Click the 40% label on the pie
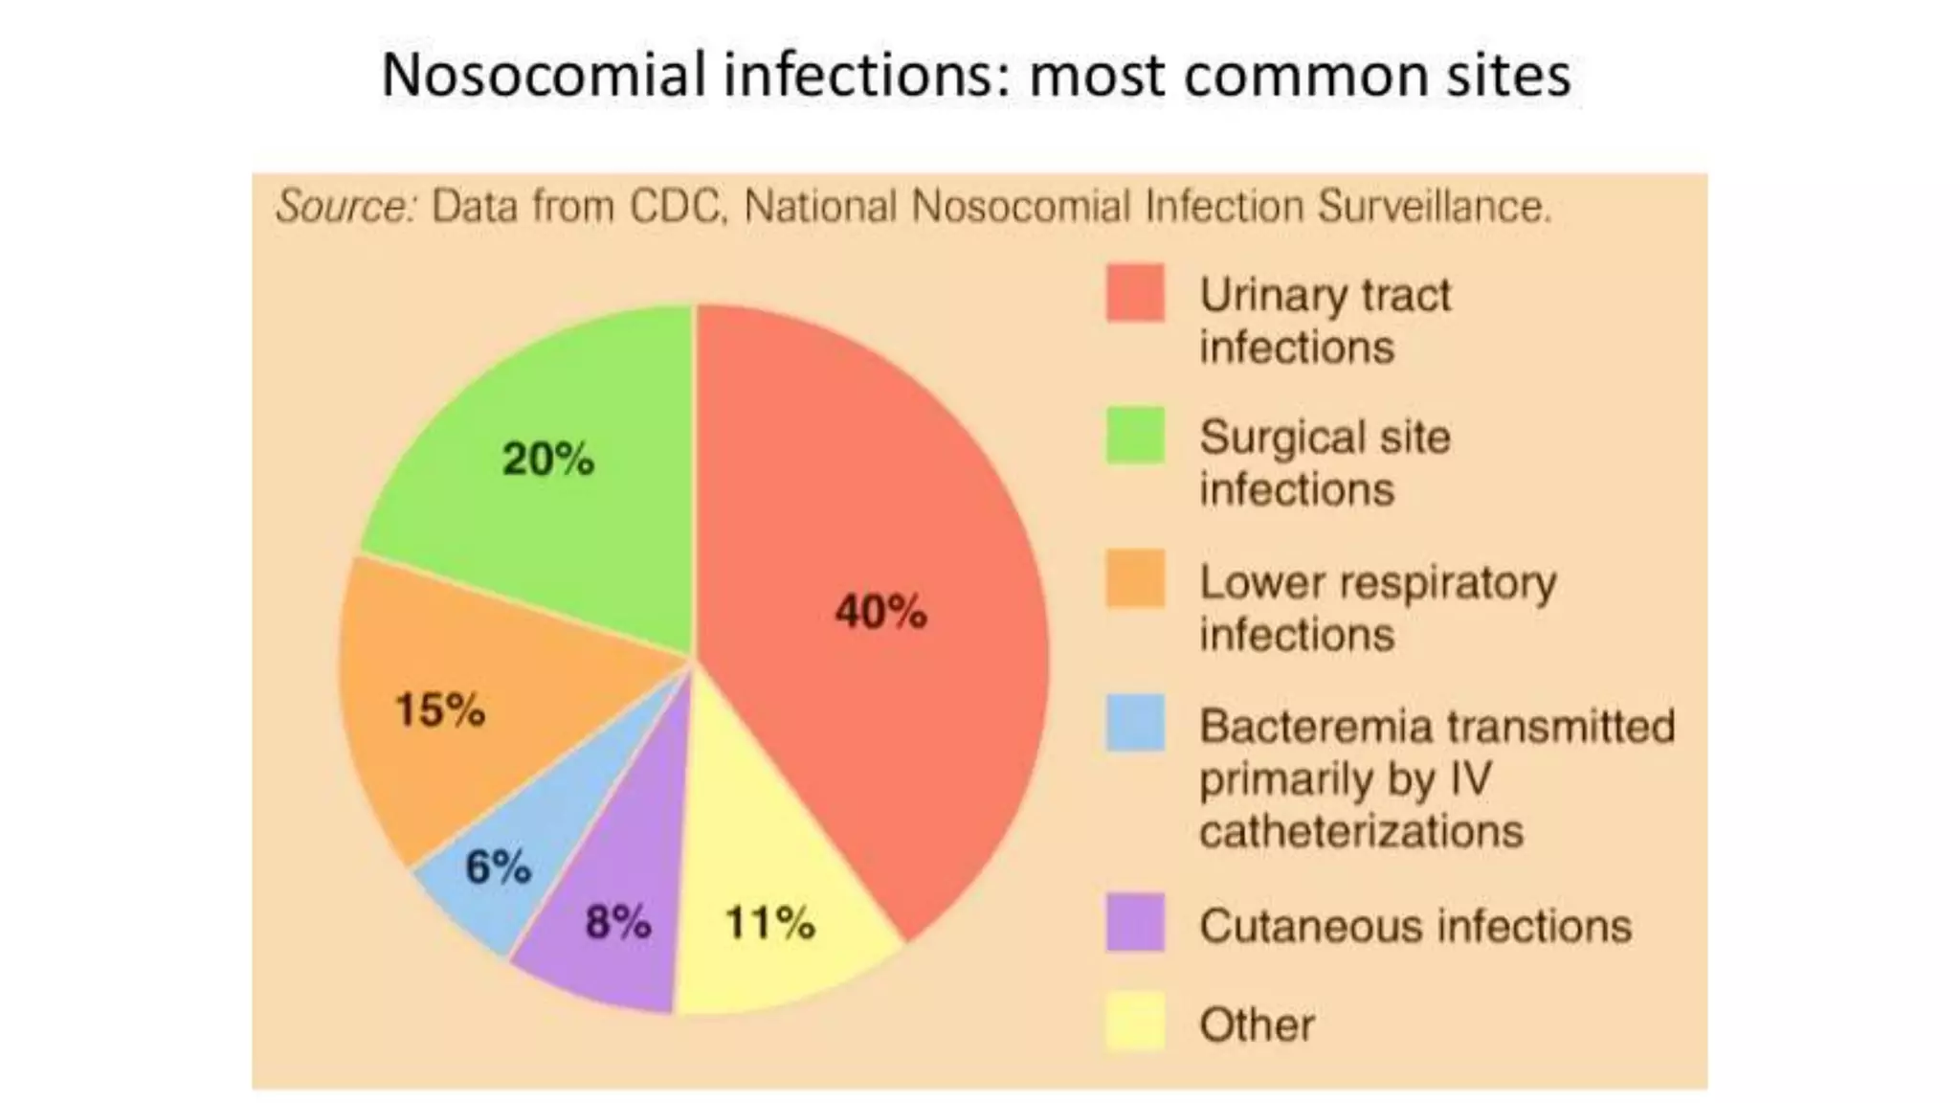point(880,611)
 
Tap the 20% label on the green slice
point(548,459)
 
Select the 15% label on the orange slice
point(440,709)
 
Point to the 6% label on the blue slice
point(498,867)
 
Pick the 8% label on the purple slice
point(618,922)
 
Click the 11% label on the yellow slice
point(770,923)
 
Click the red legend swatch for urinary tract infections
point(1135,293)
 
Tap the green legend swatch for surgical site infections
point(1135,436)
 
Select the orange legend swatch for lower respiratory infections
point(1135,578)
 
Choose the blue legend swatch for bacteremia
point(1135,723)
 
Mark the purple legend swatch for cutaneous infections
point(1135,922)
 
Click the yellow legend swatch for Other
point(1135,1022)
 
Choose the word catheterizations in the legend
point(1360,831)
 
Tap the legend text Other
point(1257,1024)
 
